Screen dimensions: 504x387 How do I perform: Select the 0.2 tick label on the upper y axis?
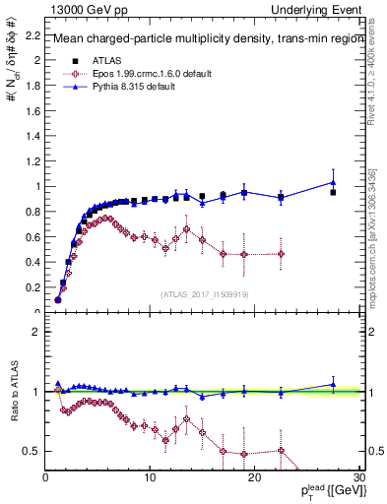click(x=31, y=287)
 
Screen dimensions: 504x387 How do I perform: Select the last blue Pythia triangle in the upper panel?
click(x=333, y=182)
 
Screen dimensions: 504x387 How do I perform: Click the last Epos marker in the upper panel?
click(x=281, y=254)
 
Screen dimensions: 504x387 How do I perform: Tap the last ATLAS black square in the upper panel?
click(x=333, y=193)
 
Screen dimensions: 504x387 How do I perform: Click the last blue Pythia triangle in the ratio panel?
click(x=333, y=384)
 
